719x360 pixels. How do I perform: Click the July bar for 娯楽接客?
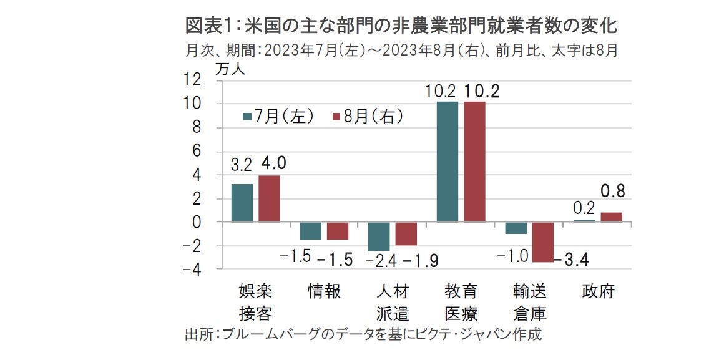click(242, 203)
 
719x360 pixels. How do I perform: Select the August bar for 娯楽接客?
click(269, 198)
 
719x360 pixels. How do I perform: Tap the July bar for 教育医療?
click(447, 162)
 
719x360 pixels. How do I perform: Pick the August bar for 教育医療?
click(474, 162)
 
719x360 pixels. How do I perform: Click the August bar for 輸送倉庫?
click(543, 242)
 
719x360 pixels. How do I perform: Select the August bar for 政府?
click(612, 217)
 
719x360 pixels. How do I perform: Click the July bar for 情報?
click(310, 231)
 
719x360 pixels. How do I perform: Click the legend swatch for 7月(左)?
click(247, 117)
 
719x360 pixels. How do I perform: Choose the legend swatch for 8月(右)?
click(335, 117)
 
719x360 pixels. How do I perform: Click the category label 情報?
click(325, 292)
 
